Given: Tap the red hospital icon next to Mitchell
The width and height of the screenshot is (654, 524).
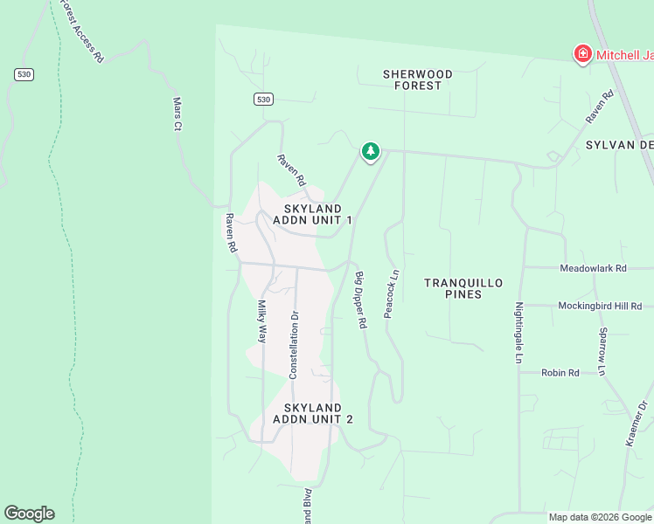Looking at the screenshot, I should (x=581, y=55).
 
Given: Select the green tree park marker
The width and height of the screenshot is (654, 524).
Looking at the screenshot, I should (x=371, y=152).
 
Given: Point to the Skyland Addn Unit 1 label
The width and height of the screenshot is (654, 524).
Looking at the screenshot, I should (x=312, y=215).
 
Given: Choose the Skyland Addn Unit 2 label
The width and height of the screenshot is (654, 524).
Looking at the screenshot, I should (x=312, y=413).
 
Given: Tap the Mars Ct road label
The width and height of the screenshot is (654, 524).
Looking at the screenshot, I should (x=177, y=114).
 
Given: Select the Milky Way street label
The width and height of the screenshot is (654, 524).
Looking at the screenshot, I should (x=261, y=322).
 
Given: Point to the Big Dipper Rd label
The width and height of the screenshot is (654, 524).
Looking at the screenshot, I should (x=360, y=300).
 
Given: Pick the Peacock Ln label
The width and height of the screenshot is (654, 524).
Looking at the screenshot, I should (x=391, y=293).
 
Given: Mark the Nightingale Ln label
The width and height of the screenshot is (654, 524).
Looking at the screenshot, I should (x=518, y=333).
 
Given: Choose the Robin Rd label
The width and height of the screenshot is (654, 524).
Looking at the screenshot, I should (x=560, y=373).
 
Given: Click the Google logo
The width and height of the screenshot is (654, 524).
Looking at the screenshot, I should (x=29, y=514).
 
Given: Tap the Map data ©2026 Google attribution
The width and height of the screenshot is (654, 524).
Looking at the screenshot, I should (x=600, y=517).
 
